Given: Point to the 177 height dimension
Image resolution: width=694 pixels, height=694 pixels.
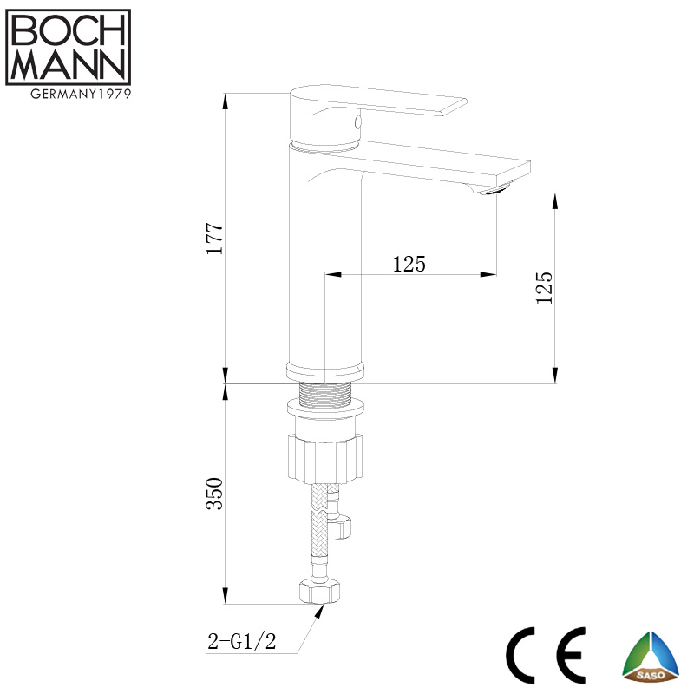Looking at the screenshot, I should [215, 238].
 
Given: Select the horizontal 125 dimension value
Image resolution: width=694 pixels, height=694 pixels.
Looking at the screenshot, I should [409, 265].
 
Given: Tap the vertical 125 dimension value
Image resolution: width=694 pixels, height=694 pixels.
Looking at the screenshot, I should [545, 286].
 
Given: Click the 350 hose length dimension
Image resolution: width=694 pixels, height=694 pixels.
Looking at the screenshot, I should [215, 493].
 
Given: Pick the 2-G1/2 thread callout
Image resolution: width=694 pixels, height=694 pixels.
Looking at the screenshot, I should [241, 642].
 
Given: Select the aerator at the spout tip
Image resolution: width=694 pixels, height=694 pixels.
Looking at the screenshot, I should [495, 190].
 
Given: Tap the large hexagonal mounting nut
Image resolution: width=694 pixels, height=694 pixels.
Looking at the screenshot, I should [324, 456].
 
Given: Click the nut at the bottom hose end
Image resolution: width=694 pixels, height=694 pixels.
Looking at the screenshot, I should [318, 592].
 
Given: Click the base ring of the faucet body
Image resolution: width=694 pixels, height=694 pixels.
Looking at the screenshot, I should [324, 372].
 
